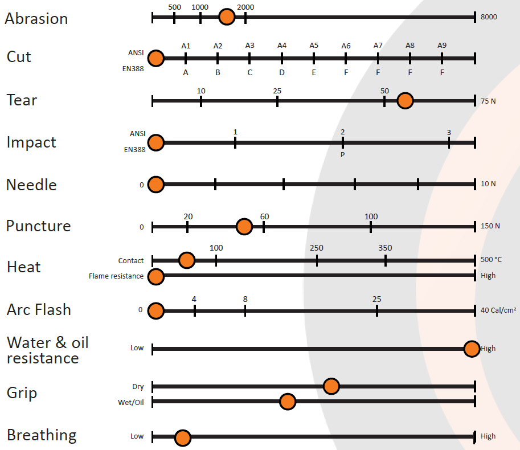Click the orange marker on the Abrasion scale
(227, 17)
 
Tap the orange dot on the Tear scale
(405, 101)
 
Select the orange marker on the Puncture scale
(244, 227)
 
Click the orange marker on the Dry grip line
(331, 386)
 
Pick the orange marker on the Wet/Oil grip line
(288, 402)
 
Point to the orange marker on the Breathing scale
(182, 437)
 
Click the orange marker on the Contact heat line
(186, 260)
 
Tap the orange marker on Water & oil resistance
(472, 349)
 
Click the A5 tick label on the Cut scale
(314, 46)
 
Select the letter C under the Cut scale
(249, 72)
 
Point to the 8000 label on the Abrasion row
(489, 17)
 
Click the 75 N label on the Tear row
(488, 101)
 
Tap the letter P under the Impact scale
(342, 154)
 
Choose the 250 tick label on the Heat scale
(317, 248)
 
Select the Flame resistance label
(116, 276)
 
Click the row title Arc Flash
(39, 310)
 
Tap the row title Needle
(31, 185)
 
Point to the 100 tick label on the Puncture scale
(371, 216)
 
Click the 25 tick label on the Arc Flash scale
(376, 299)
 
